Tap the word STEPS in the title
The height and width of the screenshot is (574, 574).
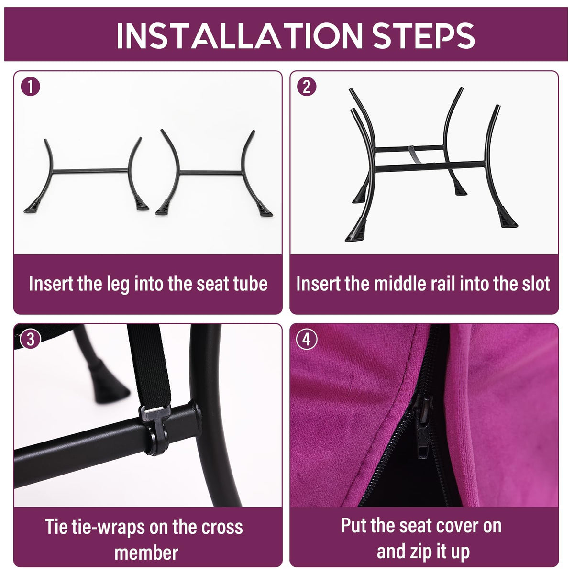[x=423, y=36]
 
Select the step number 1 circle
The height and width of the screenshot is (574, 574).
[x=31, y=87]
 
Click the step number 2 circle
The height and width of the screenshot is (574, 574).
[x=307, y=87]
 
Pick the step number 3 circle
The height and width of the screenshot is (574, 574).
[x=31, y=340]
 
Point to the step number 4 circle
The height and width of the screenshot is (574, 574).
[x=307, y=340]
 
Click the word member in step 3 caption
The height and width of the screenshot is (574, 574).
[x=146, y=553]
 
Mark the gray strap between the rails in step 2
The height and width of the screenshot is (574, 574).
[x=413, y=155]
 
